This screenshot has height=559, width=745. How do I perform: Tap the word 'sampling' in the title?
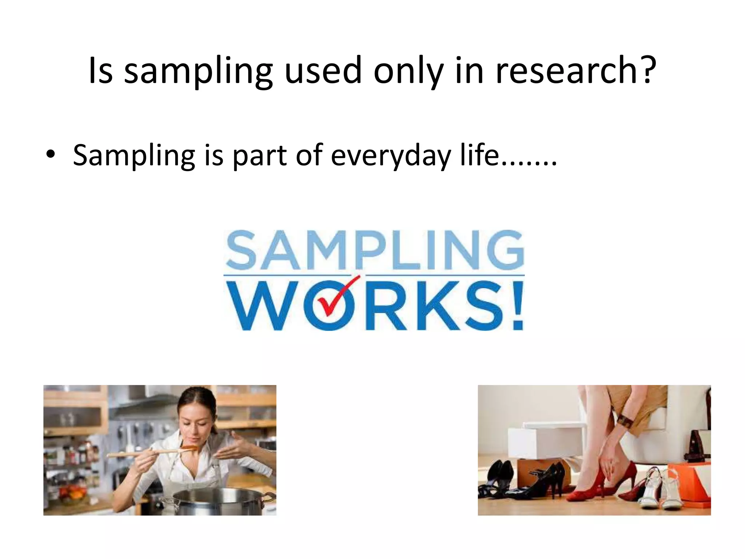[x=198, y=71]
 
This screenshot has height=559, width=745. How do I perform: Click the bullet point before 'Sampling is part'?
[x=51, y=154]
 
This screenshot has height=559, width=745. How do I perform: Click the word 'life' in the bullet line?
[x=479, y=154]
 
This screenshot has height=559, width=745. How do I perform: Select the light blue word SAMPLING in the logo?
[x=375, y=250]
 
